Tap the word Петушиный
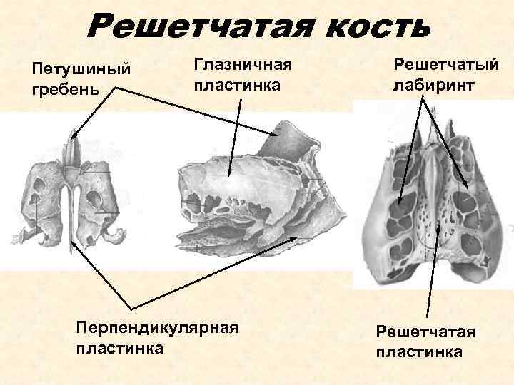[x=81, y=71]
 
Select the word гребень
[x=62, y=90]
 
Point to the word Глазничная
[x=243, y=66]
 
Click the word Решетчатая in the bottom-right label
[x=426, y=333]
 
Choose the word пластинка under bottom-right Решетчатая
[x=419, y=352]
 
